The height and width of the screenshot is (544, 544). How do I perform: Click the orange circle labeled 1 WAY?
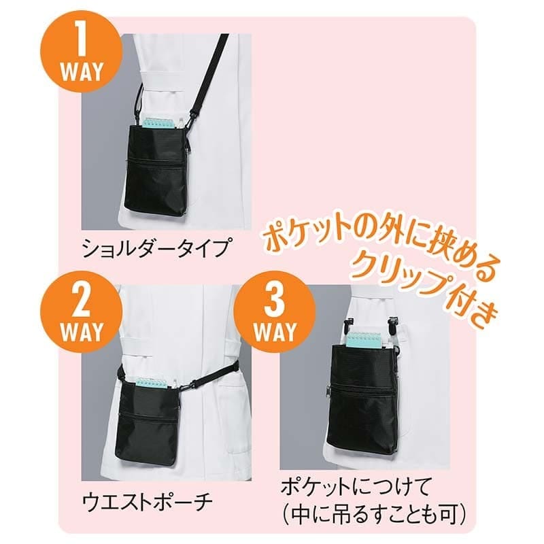81,57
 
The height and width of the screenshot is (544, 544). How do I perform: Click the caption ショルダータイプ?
155,248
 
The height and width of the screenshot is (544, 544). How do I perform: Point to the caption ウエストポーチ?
148,500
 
